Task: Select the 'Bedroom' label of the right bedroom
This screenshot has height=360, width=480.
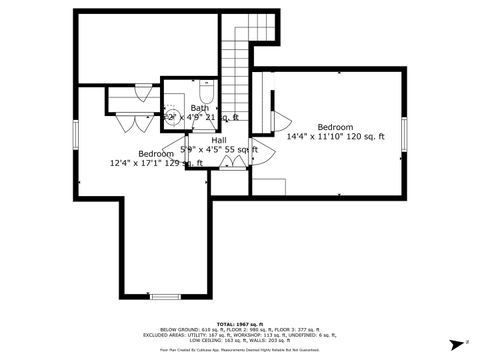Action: pos(335,127)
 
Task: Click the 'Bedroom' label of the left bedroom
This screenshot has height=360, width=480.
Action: pos(142,153)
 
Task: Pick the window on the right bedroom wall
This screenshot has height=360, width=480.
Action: pos(405,131)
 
